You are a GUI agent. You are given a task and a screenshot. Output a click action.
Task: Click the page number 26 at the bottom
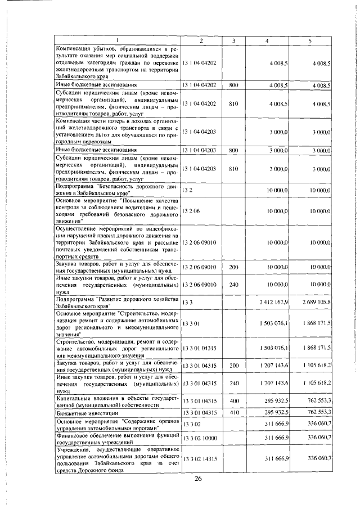tap(198, 479)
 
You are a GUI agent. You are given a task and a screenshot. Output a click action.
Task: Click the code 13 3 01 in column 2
tap(191, 323)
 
